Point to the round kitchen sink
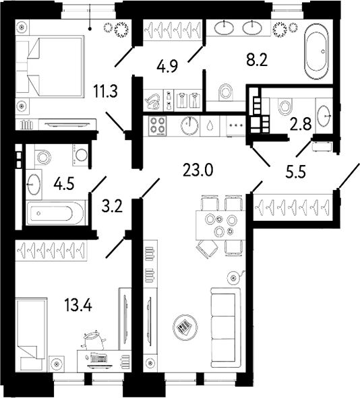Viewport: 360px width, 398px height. point(189,125)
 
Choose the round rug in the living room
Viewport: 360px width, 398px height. point(184,327)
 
